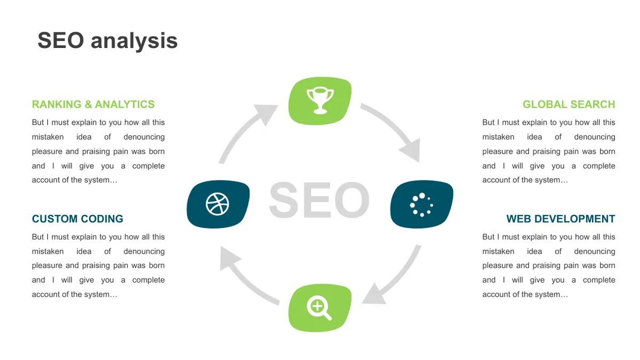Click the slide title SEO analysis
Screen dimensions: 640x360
[107, 41]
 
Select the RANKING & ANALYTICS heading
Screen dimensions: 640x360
[93, 105]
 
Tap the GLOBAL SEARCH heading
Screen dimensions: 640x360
[569, 105]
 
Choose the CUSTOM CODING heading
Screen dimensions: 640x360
[77, 219]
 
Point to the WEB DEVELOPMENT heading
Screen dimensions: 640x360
[561, 219]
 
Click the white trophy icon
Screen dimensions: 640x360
[320, 100]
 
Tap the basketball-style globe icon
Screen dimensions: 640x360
[217, 204]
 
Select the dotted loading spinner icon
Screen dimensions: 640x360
[421, 205]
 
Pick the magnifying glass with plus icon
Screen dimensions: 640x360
[319, 308]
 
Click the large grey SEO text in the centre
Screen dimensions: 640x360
[319, 199]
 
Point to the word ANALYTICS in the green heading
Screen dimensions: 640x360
[125, 105]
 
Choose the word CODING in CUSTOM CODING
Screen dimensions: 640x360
[102, 219]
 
